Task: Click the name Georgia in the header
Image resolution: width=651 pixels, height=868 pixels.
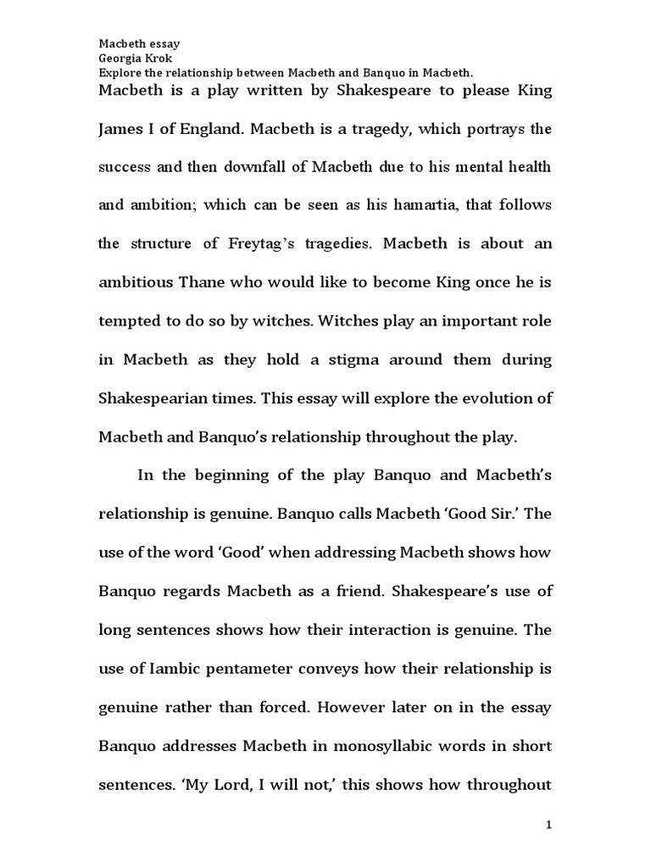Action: click(120, 58)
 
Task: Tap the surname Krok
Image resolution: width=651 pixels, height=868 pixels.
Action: click(159, 58)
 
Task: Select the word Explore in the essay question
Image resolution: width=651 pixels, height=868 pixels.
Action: click(120, 73)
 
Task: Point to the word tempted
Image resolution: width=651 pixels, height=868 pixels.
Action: click(128, 321)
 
